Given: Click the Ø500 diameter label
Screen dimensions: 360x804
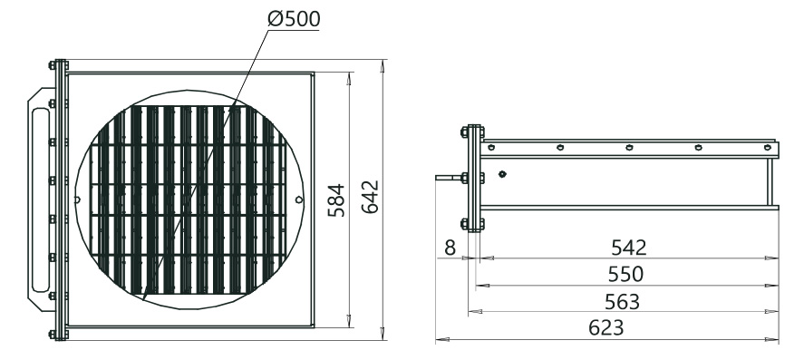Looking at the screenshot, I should tap(292, 18).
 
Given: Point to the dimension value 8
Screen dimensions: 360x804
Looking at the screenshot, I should tap(450, 248).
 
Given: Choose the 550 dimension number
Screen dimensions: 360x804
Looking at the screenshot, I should tap(625, 274).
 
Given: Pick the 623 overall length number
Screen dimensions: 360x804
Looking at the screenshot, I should tap(606, 328).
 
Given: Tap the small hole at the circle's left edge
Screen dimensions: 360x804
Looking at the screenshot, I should tap(79, 199).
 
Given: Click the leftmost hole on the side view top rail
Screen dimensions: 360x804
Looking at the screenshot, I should tap(491, 147).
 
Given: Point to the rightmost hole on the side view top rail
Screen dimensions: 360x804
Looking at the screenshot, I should tap(766, 147).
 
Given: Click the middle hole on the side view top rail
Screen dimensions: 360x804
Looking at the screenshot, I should tap(629, 147).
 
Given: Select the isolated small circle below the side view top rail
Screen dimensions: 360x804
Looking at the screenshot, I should tap(501, 174).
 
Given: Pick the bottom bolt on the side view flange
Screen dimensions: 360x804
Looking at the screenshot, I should tap(467, 222).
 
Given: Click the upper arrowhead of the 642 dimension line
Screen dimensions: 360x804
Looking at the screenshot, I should tap(383, 66).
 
